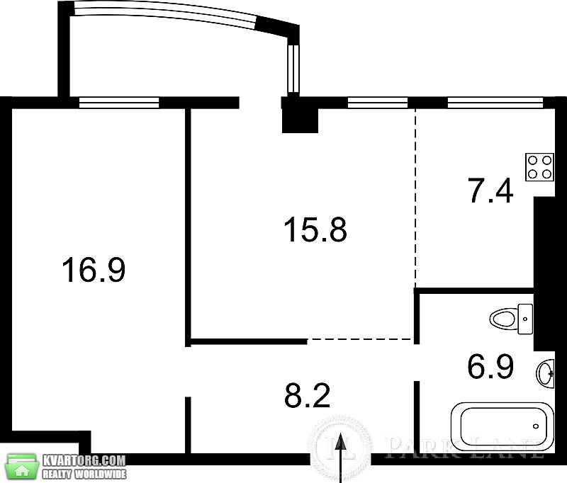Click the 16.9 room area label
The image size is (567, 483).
(x=94, y=270)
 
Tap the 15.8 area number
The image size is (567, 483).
(x=315, y=229)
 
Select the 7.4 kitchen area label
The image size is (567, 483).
(x=490, y=191)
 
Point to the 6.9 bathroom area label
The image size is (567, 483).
(x=490, y=366)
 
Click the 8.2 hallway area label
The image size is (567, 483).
(x=308, y=395)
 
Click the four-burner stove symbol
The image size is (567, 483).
(x=539, y=167)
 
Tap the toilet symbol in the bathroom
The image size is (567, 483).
(x=511, y=319)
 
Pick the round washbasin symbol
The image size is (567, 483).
(x=546, y=374)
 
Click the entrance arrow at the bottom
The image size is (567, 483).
(x=340, y=458)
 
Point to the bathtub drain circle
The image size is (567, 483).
(x=536, y=426)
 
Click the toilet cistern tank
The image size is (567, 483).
(x=525, y=319)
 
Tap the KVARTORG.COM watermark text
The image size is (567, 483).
(x=84, y=460)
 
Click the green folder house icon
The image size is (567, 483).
(x=23, y=467)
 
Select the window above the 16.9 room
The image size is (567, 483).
(x=119, y=103)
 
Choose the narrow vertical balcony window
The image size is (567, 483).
(x=293, y=69)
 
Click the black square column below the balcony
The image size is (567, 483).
(x=300, y=115)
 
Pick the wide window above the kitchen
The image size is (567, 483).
(x=495, y=103)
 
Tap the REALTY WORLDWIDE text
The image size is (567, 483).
(x=84, y=474)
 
